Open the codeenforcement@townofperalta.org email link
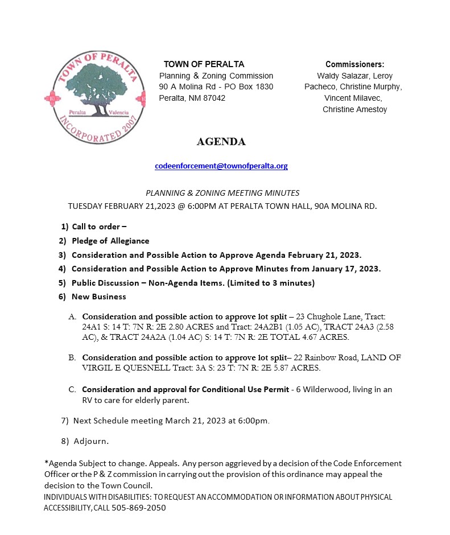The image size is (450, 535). point(221,166)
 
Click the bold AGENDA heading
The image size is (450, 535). point(221,142)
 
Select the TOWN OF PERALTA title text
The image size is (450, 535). point(204,64)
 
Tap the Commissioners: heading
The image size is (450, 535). point(354,64)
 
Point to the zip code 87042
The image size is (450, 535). point(213,98)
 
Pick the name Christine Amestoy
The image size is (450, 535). point(354,109)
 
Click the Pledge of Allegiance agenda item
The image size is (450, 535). point(110,241)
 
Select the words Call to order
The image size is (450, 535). point(96,227)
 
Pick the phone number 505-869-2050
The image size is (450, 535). point(139,508)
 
